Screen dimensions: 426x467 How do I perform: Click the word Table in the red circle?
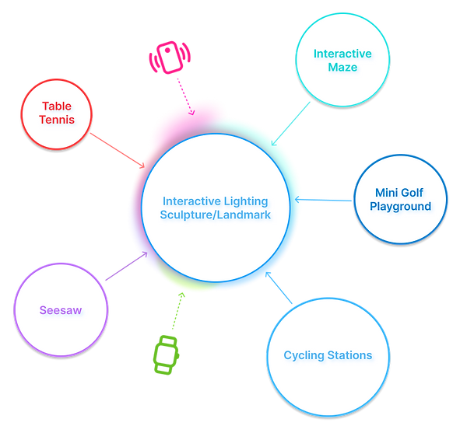click(57, 106)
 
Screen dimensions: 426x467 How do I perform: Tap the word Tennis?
click(57, 120)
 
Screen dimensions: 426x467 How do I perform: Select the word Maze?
click(342, 68)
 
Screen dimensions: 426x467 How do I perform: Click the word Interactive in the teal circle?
click(342, 54)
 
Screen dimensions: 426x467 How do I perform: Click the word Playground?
click(401, 207)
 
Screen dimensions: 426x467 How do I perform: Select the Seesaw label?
click(61, 310)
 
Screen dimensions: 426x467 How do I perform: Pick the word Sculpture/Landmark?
click(216, 214)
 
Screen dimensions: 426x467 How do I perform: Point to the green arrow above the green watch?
click(178, 309)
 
